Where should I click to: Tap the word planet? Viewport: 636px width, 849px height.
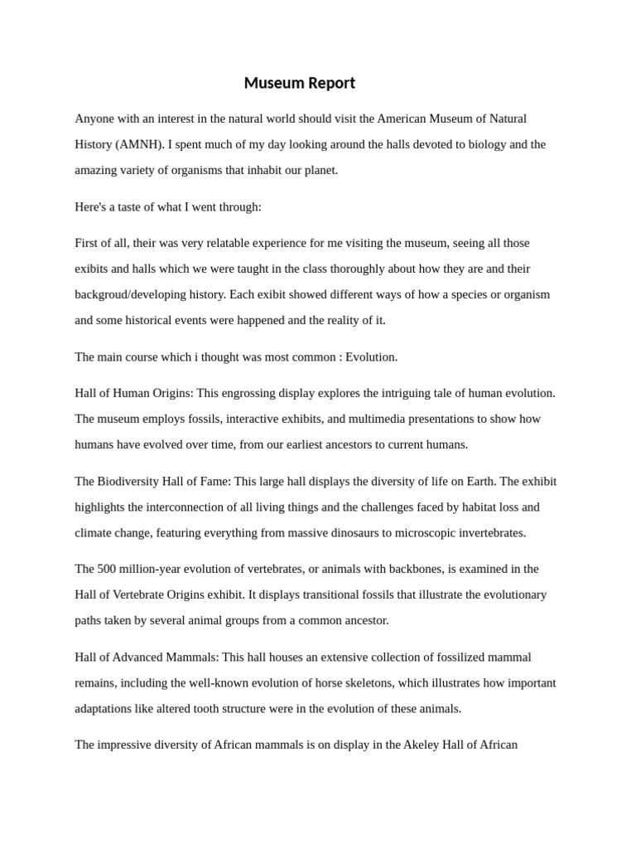(316, 170)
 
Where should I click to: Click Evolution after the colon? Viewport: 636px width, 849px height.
(371, 357)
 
